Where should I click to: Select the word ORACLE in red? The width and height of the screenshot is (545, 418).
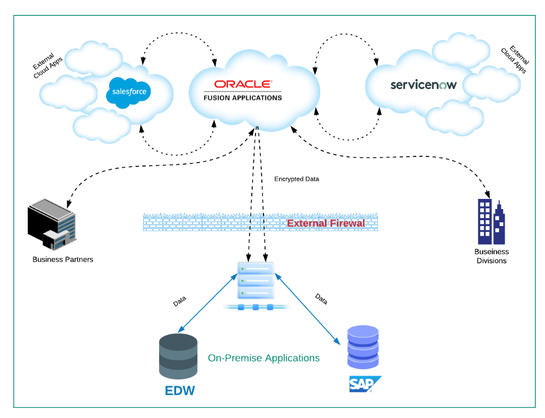click(243, 84)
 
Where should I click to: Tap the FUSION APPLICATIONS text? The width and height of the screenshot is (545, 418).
click(243, 98)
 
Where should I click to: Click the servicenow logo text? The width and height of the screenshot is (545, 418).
click(423, 85)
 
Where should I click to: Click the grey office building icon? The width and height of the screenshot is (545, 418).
click(53, 224)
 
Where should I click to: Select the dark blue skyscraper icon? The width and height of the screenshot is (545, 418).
click(491, 222)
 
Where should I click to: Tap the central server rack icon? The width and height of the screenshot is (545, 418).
click(255, 281)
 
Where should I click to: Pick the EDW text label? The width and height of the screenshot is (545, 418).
click(180, 391)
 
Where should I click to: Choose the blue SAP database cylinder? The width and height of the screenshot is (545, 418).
click(363, 347)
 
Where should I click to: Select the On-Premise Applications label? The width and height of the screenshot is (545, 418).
click(264, 358)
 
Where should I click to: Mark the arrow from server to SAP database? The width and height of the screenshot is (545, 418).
click(307, 308)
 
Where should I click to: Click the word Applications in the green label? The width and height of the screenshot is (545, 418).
click(292, 358)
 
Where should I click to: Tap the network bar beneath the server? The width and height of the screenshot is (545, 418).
click(256, 307)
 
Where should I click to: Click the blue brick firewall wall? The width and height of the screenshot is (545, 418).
click(213, 222)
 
